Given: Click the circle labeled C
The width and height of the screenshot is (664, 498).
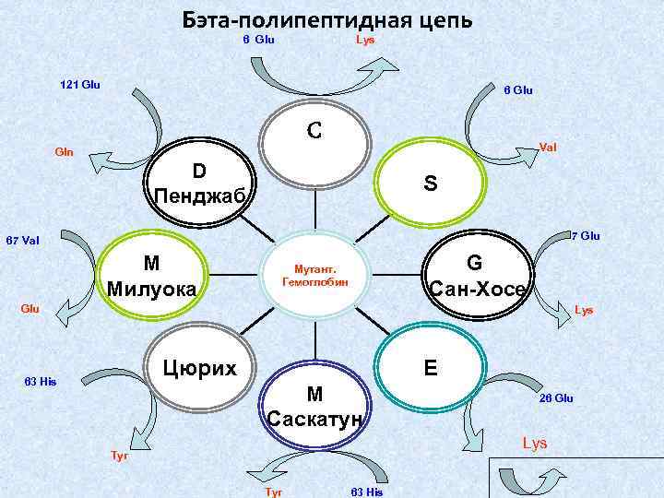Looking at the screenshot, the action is (314, 138).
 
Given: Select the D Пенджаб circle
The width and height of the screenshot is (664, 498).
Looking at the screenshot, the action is (197, 184).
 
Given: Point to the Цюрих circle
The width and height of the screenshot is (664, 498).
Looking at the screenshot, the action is (199, 368).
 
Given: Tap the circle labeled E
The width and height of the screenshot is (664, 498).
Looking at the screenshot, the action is (430, 369).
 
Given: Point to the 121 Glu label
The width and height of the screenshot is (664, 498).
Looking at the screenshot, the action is (79, 85).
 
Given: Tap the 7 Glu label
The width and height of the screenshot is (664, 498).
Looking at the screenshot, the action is (586, 236).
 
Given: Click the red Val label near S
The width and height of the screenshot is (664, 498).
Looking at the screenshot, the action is (547, 148).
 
